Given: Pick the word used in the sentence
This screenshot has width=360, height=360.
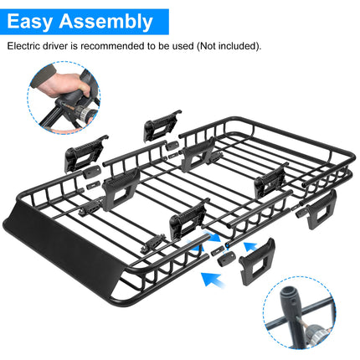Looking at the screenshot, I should (x=182, y=46).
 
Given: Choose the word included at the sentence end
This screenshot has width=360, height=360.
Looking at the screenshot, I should (x=243, y=46).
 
